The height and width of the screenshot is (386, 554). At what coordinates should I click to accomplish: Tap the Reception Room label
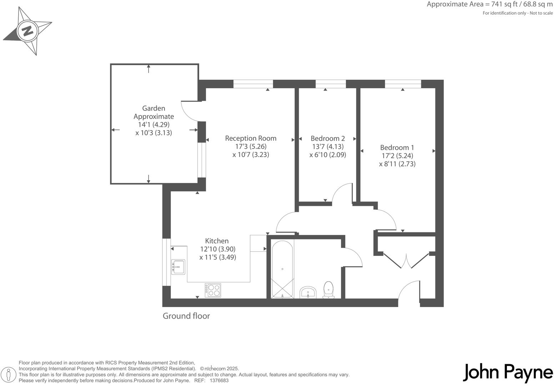[x=251, y=138]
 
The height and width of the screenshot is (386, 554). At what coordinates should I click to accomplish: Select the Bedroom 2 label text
[x=327, y=138]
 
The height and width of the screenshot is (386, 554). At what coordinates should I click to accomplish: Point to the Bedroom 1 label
[x=397, y=147]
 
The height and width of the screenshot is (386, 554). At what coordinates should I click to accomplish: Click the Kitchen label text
[x=217, y=241]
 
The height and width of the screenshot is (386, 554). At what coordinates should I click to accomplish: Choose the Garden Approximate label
[x=153, y=112]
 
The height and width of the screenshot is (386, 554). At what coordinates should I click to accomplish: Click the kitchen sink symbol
[x=178, y=267]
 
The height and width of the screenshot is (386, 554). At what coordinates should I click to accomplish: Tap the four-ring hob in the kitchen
[x=213, y=290]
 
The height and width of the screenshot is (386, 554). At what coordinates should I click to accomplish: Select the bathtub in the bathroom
[x=282, y=269]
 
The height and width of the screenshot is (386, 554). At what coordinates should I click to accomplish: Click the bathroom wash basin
[x=308, y=292]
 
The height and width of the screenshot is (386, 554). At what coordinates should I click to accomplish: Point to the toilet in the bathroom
[x=328, y=289]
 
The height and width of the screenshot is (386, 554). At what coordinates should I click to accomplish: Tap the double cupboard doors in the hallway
[x=406, y=260]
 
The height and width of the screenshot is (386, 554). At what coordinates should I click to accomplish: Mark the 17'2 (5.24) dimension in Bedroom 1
[x=397, y=156]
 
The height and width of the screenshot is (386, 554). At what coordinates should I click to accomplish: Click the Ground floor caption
[x=186, y=316]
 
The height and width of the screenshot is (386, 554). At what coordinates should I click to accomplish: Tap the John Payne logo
[x=508, y=373]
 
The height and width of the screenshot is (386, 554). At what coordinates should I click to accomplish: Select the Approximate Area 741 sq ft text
[x=489, y=5]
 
